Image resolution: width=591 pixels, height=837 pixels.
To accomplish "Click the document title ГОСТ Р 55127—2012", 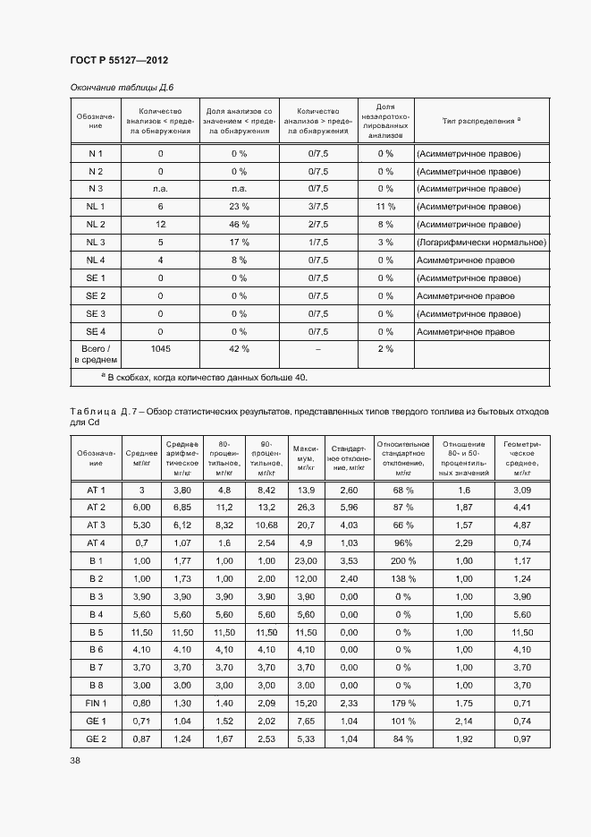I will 119,60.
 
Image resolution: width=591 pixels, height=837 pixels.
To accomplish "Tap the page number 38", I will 75,760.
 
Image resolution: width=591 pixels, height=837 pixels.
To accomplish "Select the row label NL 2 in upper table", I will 96,225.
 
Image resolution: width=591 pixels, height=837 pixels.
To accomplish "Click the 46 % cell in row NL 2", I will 239,225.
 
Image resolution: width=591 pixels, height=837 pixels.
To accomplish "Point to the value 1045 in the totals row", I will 161,349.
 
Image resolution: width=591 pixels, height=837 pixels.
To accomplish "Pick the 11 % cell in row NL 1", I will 385,207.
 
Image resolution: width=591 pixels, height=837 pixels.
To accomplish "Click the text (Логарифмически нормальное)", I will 481,243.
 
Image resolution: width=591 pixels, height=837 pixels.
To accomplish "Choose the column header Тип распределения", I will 481,120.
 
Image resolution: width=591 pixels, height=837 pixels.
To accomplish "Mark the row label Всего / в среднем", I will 96,354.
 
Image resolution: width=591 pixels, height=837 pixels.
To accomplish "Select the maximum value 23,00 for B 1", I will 306,561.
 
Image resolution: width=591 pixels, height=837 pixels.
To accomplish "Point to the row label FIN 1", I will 96,703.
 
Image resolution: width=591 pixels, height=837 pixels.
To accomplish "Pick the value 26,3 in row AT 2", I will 306,508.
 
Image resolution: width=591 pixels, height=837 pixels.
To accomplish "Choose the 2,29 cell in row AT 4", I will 463,543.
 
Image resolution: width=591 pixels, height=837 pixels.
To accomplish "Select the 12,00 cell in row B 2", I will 306,579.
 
